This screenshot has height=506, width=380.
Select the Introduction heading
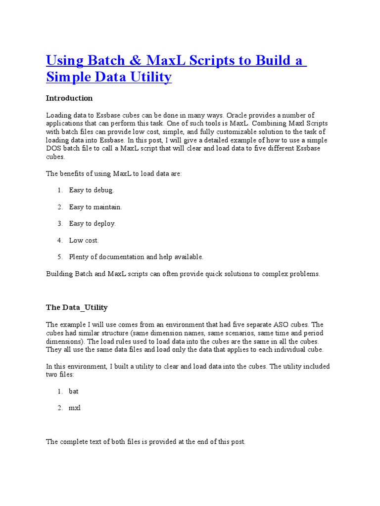(69, 98)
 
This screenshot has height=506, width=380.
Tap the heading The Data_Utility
(77, 307)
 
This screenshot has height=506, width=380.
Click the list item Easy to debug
(92, 190)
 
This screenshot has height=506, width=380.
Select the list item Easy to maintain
(95, 207)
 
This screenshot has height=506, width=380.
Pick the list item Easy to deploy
(93, 224)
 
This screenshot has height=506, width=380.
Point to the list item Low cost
(84, 241)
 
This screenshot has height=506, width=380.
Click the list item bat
(74, 391)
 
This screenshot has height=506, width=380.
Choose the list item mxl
(74, 408)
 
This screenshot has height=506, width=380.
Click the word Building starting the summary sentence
(59, 274)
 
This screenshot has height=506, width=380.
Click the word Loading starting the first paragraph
(58, 115)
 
